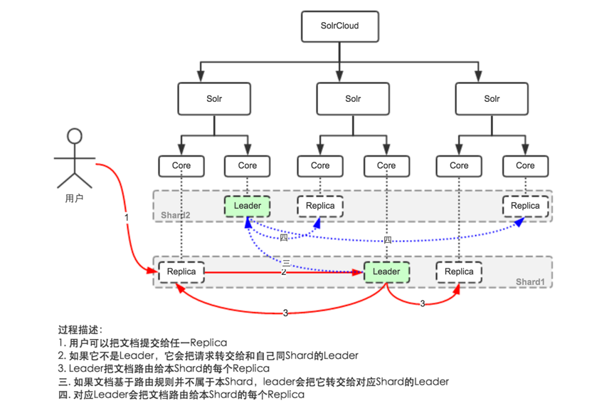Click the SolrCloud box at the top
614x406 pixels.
pyautogui.click(x=340, y=26)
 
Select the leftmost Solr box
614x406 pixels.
pyautogui.click(x=214, y=99)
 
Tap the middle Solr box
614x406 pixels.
pyautogui.click(x=353, y=99)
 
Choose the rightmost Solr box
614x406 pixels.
pyautogui.click(x=492, y=99)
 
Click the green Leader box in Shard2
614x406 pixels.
pyautogui.click(x=248, y=206)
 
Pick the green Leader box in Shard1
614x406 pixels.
pyautogui.click(x=386, y=271)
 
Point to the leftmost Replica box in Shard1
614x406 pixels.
pyautogui.click(x=181, y=271)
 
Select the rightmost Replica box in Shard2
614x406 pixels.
pyautogui.click(x=526, y=206)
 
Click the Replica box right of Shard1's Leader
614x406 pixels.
pyautogui.click(x=459, y=271)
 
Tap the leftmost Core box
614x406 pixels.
pyautogui.click(x=181, y=165)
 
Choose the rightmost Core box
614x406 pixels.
pyautogui.click(x=526, y=165)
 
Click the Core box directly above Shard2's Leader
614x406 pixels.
pyautogui.click(x=248, y=165)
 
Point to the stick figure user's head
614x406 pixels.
pyautogui.click(x=74, y=135)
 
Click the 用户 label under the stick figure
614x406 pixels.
pyautogui.click(x=74, y=199)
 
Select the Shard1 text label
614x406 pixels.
pyautogui.click(x=531, y=282)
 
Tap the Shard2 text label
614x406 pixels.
pyautogui.click(x=175, y=216)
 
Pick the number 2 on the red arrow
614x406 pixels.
pyautogui.click(x=283, y=272)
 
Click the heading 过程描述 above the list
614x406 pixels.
pyautogui.click(x=80, y=330)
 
